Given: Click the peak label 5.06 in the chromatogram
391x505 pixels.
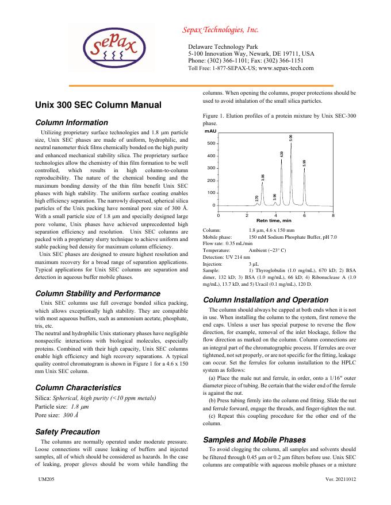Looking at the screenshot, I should [291, 138].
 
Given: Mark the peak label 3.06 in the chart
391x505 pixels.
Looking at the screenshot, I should [263, 178].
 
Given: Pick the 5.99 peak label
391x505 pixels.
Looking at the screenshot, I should [304, 163].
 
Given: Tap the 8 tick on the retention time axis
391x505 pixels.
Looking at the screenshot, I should [333, 215].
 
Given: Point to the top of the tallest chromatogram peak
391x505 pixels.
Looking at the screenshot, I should [291, 143].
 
